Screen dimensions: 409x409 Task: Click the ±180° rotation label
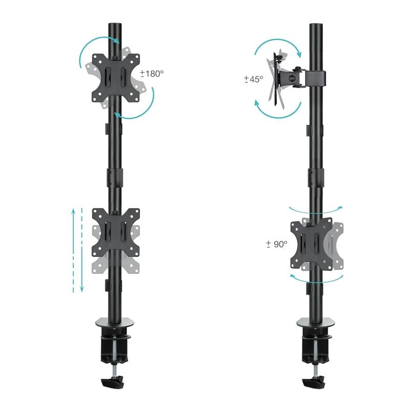coord(152,74)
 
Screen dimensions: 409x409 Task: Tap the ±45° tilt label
coord(253,79)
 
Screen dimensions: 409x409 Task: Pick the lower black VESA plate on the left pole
coord(115,232)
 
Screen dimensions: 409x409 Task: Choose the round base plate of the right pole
coord(316,322)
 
